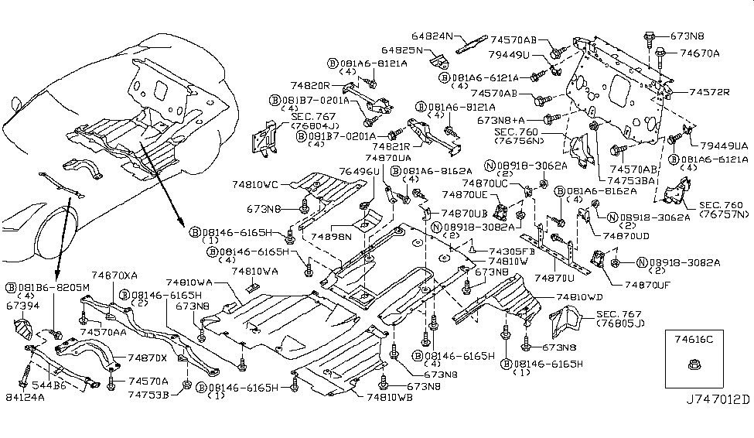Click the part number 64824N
click(436, 36)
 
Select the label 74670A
click(700, 53)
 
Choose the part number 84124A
click(26, 398)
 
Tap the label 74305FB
click(513, 252)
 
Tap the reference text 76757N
click(725, 214)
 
